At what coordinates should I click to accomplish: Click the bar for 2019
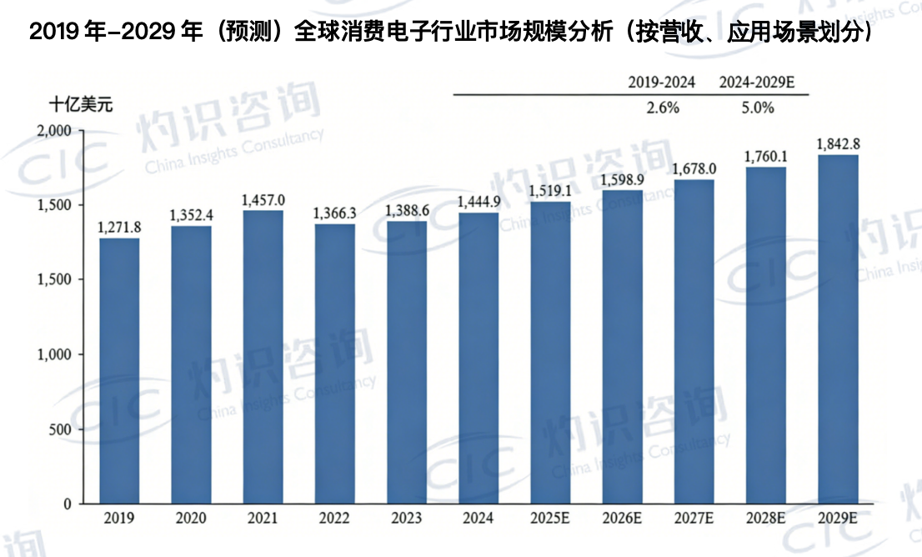coord(119,371)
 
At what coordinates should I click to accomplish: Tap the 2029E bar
coord(838,329)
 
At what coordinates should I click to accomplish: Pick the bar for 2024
coord(479,359)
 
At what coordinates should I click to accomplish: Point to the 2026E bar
coord(622,347)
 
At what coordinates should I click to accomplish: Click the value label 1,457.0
coord(263,201)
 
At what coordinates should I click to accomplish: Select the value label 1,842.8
coord(838,144)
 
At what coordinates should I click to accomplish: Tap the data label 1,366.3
coord(334,213)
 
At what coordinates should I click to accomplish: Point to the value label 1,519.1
coord(550,192)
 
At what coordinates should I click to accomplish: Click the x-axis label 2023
coord(406,519)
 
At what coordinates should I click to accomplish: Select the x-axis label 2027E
coord(694,519)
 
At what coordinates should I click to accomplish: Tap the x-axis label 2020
coord(191,519)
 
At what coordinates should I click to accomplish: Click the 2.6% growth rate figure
coord(663,108)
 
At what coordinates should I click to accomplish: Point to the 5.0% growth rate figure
coord(757,108)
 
